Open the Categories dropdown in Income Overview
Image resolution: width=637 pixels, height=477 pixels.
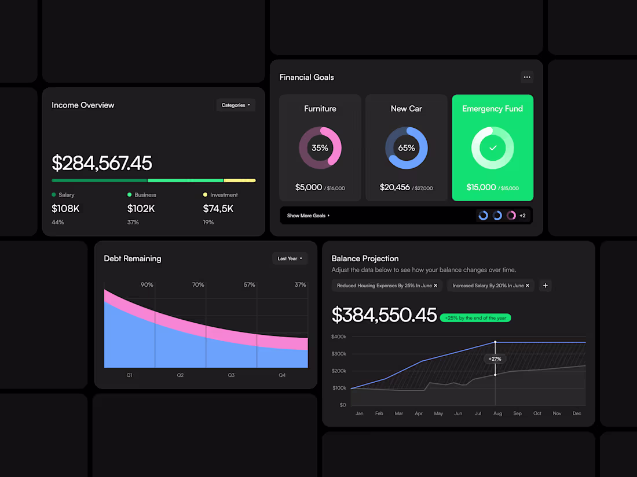coord(236,105)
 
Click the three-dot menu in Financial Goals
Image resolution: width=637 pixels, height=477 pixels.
coord(526,77)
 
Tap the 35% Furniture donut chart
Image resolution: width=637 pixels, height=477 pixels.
coord(320,148)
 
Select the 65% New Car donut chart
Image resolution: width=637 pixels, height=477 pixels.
coord(407,148)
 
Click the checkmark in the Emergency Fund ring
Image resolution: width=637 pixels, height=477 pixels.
coord(493,148)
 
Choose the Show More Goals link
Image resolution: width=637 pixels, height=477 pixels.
coord(308,216)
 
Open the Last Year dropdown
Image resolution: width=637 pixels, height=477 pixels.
coord(290,258)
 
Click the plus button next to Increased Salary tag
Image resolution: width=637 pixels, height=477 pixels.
coord(545,286)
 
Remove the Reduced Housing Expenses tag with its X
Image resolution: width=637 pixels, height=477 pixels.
coord(435,286)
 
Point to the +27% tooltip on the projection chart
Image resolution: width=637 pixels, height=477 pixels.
coord(495,359)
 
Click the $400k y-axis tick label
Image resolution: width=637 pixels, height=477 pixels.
coord(339,337)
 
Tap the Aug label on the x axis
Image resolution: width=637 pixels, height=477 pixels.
coord(497,413)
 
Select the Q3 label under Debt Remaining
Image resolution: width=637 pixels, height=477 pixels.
coord(231,375)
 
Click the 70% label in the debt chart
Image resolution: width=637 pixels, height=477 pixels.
coord(198,285)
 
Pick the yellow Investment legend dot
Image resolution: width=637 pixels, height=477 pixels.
coord(205,195)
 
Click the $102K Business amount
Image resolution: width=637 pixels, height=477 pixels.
coord(141,209)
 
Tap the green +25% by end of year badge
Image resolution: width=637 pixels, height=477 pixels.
coord(475,318)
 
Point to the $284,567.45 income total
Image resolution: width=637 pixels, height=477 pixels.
coord(102,163)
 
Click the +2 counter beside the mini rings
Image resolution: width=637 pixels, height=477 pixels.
coord(522,216)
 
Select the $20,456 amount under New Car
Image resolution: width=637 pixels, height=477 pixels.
coord(395,187)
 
